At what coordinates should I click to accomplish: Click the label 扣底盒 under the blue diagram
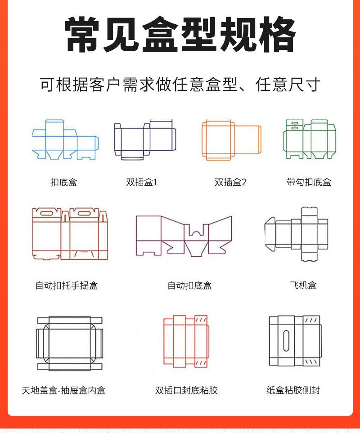point(63,182)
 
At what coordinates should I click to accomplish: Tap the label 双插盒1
point(142,182)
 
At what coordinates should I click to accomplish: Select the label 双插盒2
point(230,182)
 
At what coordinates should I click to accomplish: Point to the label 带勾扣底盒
point(309,182)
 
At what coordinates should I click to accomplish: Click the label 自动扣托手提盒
point(67,286)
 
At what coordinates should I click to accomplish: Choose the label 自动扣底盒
point(189,286)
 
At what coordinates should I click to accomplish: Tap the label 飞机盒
point(303,286)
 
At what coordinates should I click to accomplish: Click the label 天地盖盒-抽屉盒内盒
point(63,390)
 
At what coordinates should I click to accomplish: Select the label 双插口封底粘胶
point(186,390)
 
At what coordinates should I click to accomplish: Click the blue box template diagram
point(65,139)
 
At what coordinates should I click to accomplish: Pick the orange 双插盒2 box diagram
point(231,139)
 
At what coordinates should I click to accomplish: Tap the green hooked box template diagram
point(310,139)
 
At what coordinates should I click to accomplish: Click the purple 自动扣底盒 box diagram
point(184,235)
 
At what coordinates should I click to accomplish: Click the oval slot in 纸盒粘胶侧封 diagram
point(286,341)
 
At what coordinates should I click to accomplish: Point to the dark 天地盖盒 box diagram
point(69,343)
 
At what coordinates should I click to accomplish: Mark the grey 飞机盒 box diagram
point(297,234)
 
